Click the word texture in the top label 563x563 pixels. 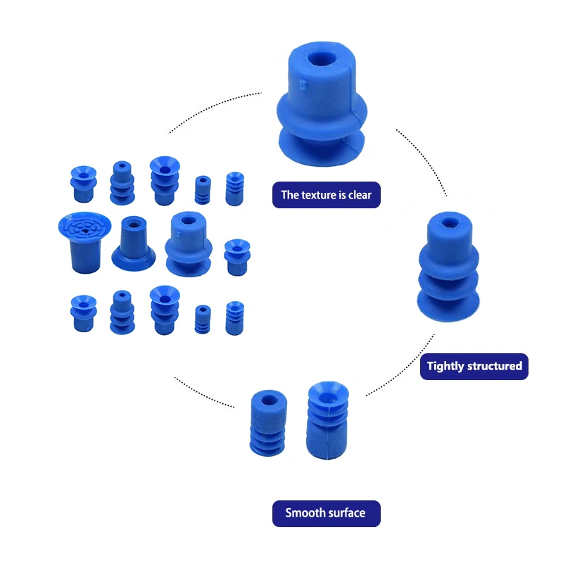click(322, 195)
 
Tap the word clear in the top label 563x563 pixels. click(359, 195)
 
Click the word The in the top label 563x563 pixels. click(290, 195)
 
